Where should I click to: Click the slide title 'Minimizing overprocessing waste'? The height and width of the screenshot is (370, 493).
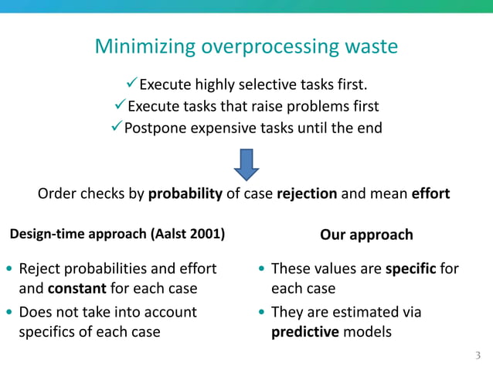click(246, 47)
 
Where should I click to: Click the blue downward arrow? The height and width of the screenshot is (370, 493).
click(246, 163)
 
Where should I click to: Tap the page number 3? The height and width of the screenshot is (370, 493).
click(478, 356)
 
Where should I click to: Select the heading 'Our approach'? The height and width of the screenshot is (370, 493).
click(366, 235)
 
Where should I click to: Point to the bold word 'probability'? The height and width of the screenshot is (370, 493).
click(185, 194)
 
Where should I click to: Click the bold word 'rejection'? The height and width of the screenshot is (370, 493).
click(307, 194)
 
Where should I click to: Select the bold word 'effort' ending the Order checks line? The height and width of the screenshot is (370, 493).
click(430, 194)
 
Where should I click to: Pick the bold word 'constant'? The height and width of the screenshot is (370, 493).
click(77, 289)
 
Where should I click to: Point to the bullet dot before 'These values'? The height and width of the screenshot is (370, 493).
click(263, 270)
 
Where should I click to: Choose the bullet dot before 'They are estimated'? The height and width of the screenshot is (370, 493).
click(263, 313)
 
